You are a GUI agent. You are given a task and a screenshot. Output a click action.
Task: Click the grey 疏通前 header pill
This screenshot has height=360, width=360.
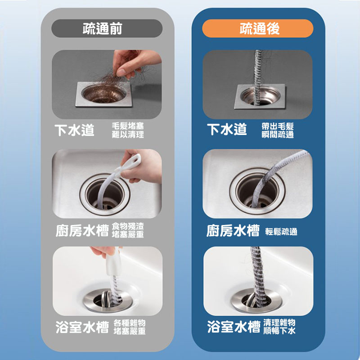[107, 28]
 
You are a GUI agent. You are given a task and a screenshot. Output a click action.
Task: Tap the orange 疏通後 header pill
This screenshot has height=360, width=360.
[257, 28]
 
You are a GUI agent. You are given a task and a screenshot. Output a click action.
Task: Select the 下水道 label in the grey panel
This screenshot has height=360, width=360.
[74, 130]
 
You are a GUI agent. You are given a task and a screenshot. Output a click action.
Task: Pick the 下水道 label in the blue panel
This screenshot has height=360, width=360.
[227, 129]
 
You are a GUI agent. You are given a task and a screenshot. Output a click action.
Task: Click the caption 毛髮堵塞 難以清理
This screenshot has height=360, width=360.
[128, 130]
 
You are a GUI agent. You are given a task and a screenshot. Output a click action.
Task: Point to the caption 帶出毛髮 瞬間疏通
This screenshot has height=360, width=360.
[278, 130]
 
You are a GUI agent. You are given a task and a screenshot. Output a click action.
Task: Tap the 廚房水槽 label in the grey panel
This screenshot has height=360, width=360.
[82, 230]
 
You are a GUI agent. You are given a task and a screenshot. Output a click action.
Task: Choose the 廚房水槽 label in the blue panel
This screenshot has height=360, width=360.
[233, 230]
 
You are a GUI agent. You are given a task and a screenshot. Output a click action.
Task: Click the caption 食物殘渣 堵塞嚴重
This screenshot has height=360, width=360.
[128, 230]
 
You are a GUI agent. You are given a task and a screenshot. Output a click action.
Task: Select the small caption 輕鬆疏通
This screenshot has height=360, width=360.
[281, 232]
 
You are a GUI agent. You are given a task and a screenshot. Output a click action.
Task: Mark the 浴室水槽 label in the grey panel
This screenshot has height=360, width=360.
[82, 327]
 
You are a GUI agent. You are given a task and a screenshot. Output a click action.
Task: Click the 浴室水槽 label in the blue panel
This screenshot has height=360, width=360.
[234, 327]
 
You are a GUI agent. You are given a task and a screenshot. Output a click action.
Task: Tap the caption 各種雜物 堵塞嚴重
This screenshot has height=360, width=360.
[130, 327]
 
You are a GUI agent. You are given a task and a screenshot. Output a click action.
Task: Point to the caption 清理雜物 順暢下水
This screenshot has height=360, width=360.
[279, 327]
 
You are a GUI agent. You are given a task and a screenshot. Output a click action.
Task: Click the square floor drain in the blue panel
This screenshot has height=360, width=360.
[260, 96]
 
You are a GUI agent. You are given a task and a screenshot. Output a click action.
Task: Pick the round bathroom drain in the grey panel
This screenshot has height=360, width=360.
[108, 301]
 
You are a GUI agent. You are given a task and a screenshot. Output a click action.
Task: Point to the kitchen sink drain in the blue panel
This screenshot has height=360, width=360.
[257, 191]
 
